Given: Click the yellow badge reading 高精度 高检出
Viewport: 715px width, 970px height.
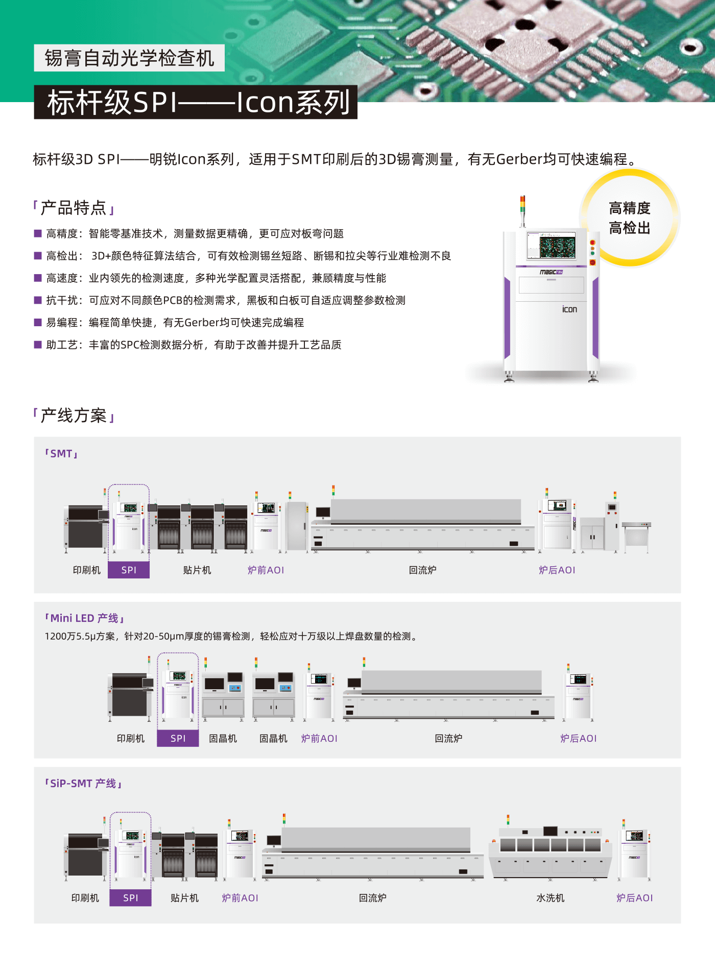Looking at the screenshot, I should (629, 218).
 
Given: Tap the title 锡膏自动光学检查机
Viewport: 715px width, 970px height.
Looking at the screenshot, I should (129, 58).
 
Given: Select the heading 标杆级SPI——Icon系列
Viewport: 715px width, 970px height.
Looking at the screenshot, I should (198, 102).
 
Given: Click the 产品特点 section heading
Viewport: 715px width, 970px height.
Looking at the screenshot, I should (74, 208).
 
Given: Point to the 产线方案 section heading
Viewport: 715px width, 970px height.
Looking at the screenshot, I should (74, 416).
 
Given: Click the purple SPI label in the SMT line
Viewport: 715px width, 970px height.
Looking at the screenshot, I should (129, 570).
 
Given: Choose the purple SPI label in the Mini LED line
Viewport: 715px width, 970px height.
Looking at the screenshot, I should (178, 738).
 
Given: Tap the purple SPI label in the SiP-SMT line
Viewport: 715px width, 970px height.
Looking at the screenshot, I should (130, 898).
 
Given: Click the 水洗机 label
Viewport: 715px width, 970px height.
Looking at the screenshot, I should (550, 898).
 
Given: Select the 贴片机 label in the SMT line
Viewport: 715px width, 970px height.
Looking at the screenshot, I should (197, 570).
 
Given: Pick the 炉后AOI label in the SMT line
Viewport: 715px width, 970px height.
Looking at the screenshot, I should (557, 570).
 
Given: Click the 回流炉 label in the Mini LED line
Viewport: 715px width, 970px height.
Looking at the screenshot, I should (448, 739).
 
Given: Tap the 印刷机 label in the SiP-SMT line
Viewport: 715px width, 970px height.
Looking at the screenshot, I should (85, 898).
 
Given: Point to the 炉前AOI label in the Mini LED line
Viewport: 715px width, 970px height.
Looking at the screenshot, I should (319, 739).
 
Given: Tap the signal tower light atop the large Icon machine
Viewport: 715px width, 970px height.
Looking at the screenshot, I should (522, 204).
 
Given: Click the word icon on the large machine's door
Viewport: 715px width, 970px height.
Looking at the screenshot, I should (569, 309).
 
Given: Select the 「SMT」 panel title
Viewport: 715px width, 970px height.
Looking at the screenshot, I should (61, 454).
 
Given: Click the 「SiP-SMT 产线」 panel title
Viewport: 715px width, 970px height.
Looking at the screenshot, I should (83, 784).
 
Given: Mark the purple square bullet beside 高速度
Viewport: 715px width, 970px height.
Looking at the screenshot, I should (38, 278).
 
